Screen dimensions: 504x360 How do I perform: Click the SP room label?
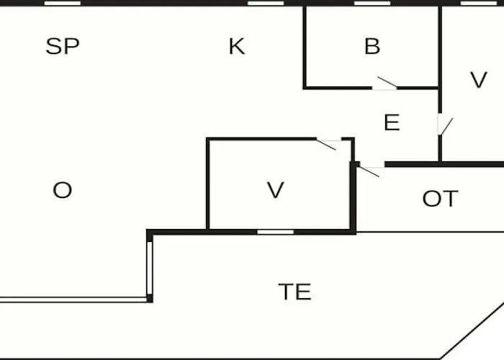point(63,46)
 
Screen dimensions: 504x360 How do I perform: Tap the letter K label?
point(237,46)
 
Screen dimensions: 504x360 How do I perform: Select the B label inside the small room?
point(372,46)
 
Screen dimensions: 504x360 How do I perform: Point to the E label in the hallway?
point(392,122)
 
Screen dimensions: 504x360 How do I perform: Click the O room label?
point(63,190)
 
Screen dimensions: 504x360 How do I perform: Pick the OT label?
point(440,199)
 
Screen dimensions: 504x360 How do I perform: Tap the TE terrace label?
point(294,292)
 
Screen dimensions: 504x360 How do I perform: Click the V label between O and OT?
point(276,190)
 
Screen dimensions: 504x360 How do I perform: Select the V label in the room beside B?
point(479,79)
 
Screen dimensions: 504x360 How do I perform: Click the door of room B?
point(387,82)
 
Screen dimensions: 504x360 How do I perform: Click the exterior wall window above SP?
point(63,3)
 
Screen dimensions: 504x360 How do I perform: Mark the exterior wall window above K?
point(266,3)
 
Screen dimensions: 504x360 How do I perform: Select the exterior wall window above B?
point(372,3)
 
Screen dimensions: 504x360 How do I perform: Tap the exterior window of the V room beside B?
point(479,3)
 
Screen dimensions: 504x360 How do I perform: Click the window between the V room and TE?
point(276,232)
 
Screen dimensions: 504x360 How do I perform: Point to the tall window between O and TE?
point(150,268)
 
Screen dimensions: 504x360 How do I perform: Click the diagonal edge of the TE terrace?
point(472,330)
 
